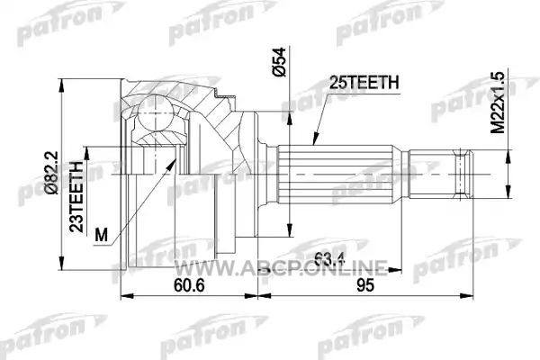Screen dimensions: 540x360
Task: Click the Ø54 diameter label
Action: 279,62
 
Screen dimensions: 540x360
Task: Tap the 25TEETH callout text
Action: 364,83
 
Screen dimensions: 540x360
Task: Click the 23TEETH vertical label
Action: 76,196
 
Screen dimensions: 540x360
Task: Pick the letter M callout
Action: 101,235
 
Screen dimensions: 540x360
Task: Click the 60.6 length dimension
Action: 189,285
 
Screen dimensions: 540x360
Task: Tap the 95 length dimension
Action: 365,285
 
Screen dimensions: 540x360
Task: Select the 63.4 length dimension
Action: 329,259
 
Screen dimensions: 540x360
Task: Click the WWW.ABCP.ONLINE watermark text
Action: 280,267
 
